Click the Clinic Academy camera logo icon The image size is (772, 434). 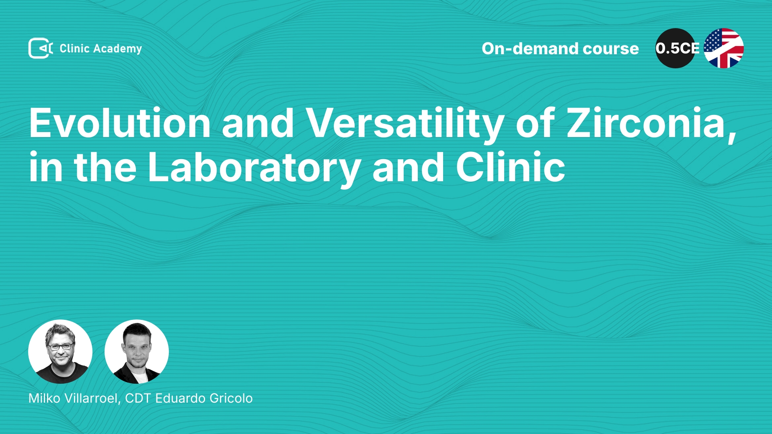(41, 48)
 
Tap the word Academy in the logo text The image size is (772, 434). (117, 49)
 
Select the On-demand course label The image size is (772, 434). (560, 49)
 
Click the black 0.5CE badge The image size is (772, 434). (675, 48)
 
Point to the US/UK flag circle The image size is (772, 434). (724, 48)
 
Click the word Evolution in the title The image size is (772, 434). (120, 123)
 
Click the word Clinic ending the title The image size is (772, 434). (511, 167)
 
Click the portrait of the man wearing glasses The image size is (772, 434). (60, 352)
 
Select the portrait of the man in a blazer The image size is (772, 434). (137, 352)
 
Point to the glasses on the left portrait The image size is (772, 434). (60, 346)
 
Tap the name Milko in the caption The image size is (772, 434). (44, 398)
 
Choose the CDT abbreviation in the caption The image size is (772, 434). (138, 398)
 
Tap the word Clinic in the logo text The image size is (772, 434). (74, 49)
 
